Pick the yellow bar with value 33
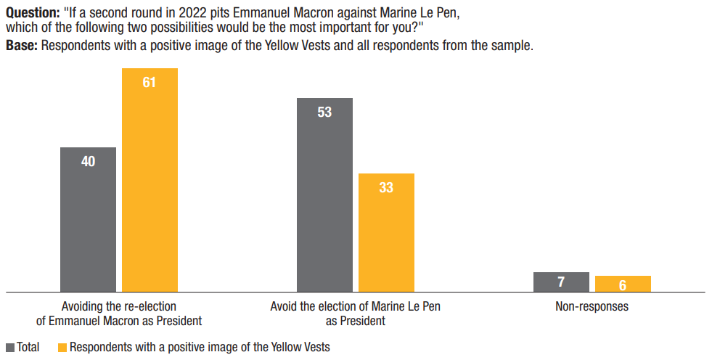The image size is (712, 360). [x=386, y=232]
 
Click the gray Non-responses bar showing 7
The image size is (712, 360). [x=561, y=282]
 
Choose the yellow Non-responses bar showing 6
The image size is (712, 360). [x=623, y=284]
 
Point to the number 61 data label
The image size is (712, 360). [x=150, y=82]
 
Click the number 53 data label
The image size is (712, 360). [x=324, y=112]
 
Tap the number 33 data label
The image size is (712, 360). [x=386, y=187]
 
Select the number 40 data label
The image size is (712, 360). [x=88, y=161]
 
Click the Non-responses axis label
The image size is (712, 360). [x=592, y=306]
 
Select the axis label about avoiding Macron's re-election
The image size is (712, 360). [x=119, y=314]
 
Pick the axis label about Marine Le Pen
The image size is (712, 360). [x=355, y=314]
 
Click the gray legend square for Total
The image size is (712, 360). [x=10, y=348]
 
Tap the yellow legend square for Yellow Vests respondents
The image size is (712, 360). [x=62, y=348]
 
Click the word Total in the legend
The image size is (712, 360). [x=28, y=348]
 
